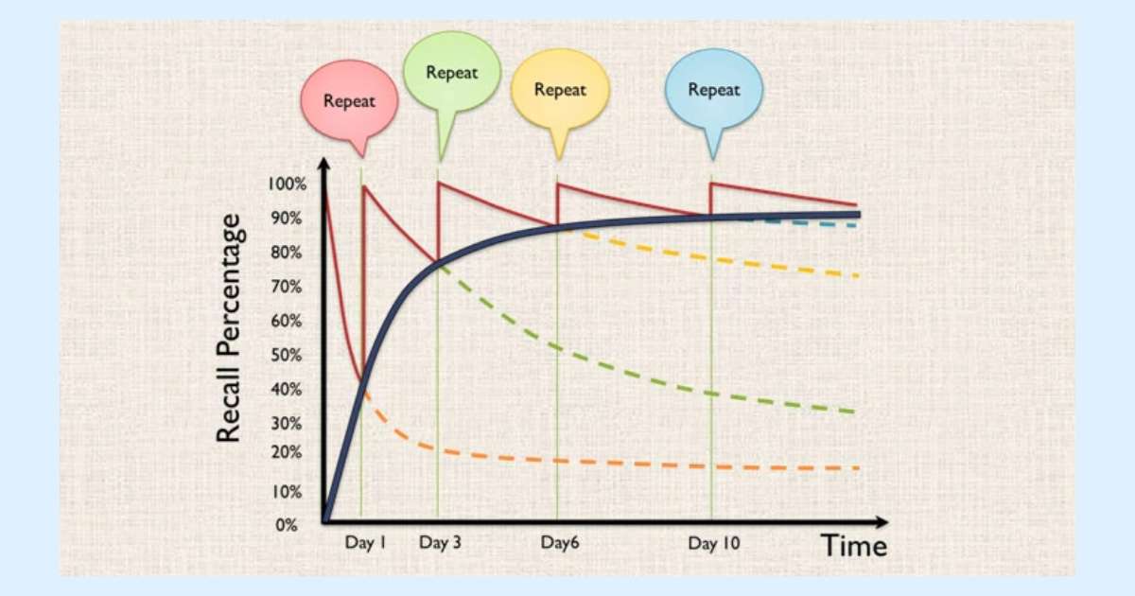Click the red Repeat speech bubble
[x=349, y=99]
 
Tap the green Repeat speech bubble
[x=450, y=74]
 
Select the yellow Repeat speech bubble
[x=560, y=91]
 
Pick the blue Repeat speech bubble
[x=713, y=90]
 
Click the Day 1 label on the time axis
[x=365, y=543]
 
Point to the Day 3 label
[x=441, y=543]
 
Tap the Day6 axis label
[x=559, y=543]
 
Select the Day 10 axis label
[x=714, y=543]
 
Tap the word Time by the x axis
[x=853, y=547]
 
